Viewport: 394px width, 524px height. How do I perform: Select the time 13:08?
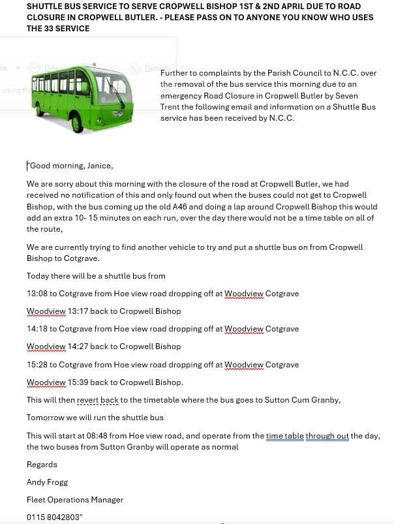37,294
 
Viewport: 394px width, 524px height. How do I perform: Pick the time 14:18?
37,329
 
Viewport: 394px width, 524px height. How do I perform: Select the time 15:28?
37,365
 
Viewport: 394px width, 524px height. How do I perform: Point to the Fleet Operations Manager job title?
75,500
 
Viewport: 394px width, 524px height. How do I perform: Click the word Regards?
42,465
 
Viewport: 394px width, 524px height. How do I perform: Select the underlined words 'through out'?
327,436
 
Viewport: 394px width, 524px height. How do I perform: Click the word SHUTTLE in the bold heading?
45,6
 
